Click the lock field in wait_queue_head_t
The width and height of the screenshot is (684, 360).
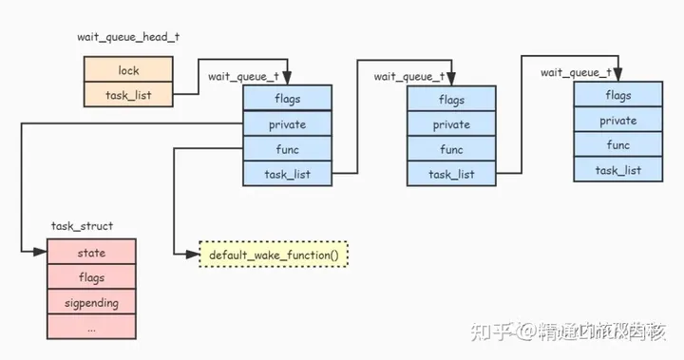pos(128,70)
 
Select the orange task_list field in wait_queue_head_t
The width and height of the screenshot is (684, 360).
pos(128,95)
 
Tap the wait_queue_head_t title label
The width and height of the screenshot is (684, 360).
pos(128,36)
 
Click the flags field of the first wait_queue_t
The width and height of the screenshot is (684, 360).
pos(287,98)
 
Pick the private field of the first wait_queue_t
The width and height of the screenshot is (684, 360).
pos(287,123)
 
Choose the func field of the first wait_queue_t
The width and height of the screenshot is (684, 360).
pos(287,149)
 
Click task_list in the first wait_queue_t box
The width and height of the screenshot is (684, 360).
pos(287,174)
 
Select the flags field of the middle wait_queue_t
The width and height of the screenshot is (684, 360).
pos(451,100)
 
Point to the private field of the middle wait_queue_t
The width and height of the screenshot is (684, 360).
pos(451,124)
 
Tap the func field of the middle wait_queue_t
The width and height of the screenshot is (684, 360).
pos(451,149)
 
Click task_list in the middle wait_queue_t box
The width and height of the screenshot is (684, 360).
pos(451,174)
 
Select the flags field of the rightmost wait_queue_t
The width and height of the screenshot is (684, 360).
pos(617,95)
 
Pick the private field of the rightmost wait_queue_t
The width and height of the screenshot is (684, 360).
pos(617,121)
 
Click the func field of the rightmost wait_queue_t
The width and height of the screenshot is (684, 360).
pos(617,145)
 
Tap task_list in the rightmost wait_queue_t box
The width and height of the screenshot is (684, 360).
pos(617,170)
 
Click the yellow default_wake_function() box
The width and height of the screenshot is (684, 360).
pos(274,255)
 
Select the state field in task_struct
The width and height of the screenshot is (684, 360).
pos(91,253)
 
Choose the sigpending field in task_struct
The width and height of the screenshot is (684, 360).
pos(91,303)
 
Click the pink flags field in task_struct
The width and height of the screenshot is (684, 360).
pos(91,278)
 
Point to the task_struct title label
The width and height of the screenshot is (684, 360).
pos(82,226)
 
